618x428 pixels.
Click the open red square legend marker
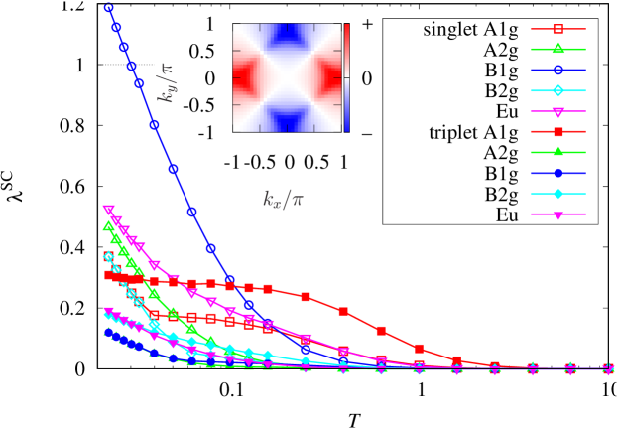click(x=557, y=29)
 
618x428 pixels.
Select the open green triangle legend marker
click(x=557, y=49)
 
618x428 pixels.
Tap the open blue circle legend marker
click(x=557, y=70)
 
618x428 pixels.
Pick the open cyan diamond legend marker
click(x=557, y=90)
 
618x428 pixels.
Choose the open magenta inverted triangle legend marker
click(x=557, y=111)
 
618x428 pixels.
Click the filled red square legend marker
click(x=557, y=131)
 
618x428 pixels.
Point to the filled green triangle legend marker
click(x=557, y=152)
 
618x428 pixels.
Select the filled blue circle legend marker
click(x=557, y=173)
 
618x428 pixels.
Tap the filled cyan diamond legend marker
click(x=557, y=194)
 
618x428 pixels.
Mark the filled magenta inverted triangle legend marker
click(x=557, y=214)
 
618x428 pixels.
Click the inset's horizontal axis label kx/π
click(x=283, y=199)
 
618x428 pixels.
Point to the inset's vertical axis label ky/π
click(x=168, y=83)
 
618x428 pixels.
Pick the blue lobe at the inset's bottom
click(x=287, y=122)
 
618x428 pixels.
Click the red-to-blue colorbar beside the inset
click(x=346, y=77)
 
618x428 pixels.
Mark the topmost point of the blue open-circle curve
click(x=109, y=8)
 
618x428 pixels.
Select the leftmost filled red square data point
click(x=109, y=275)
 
